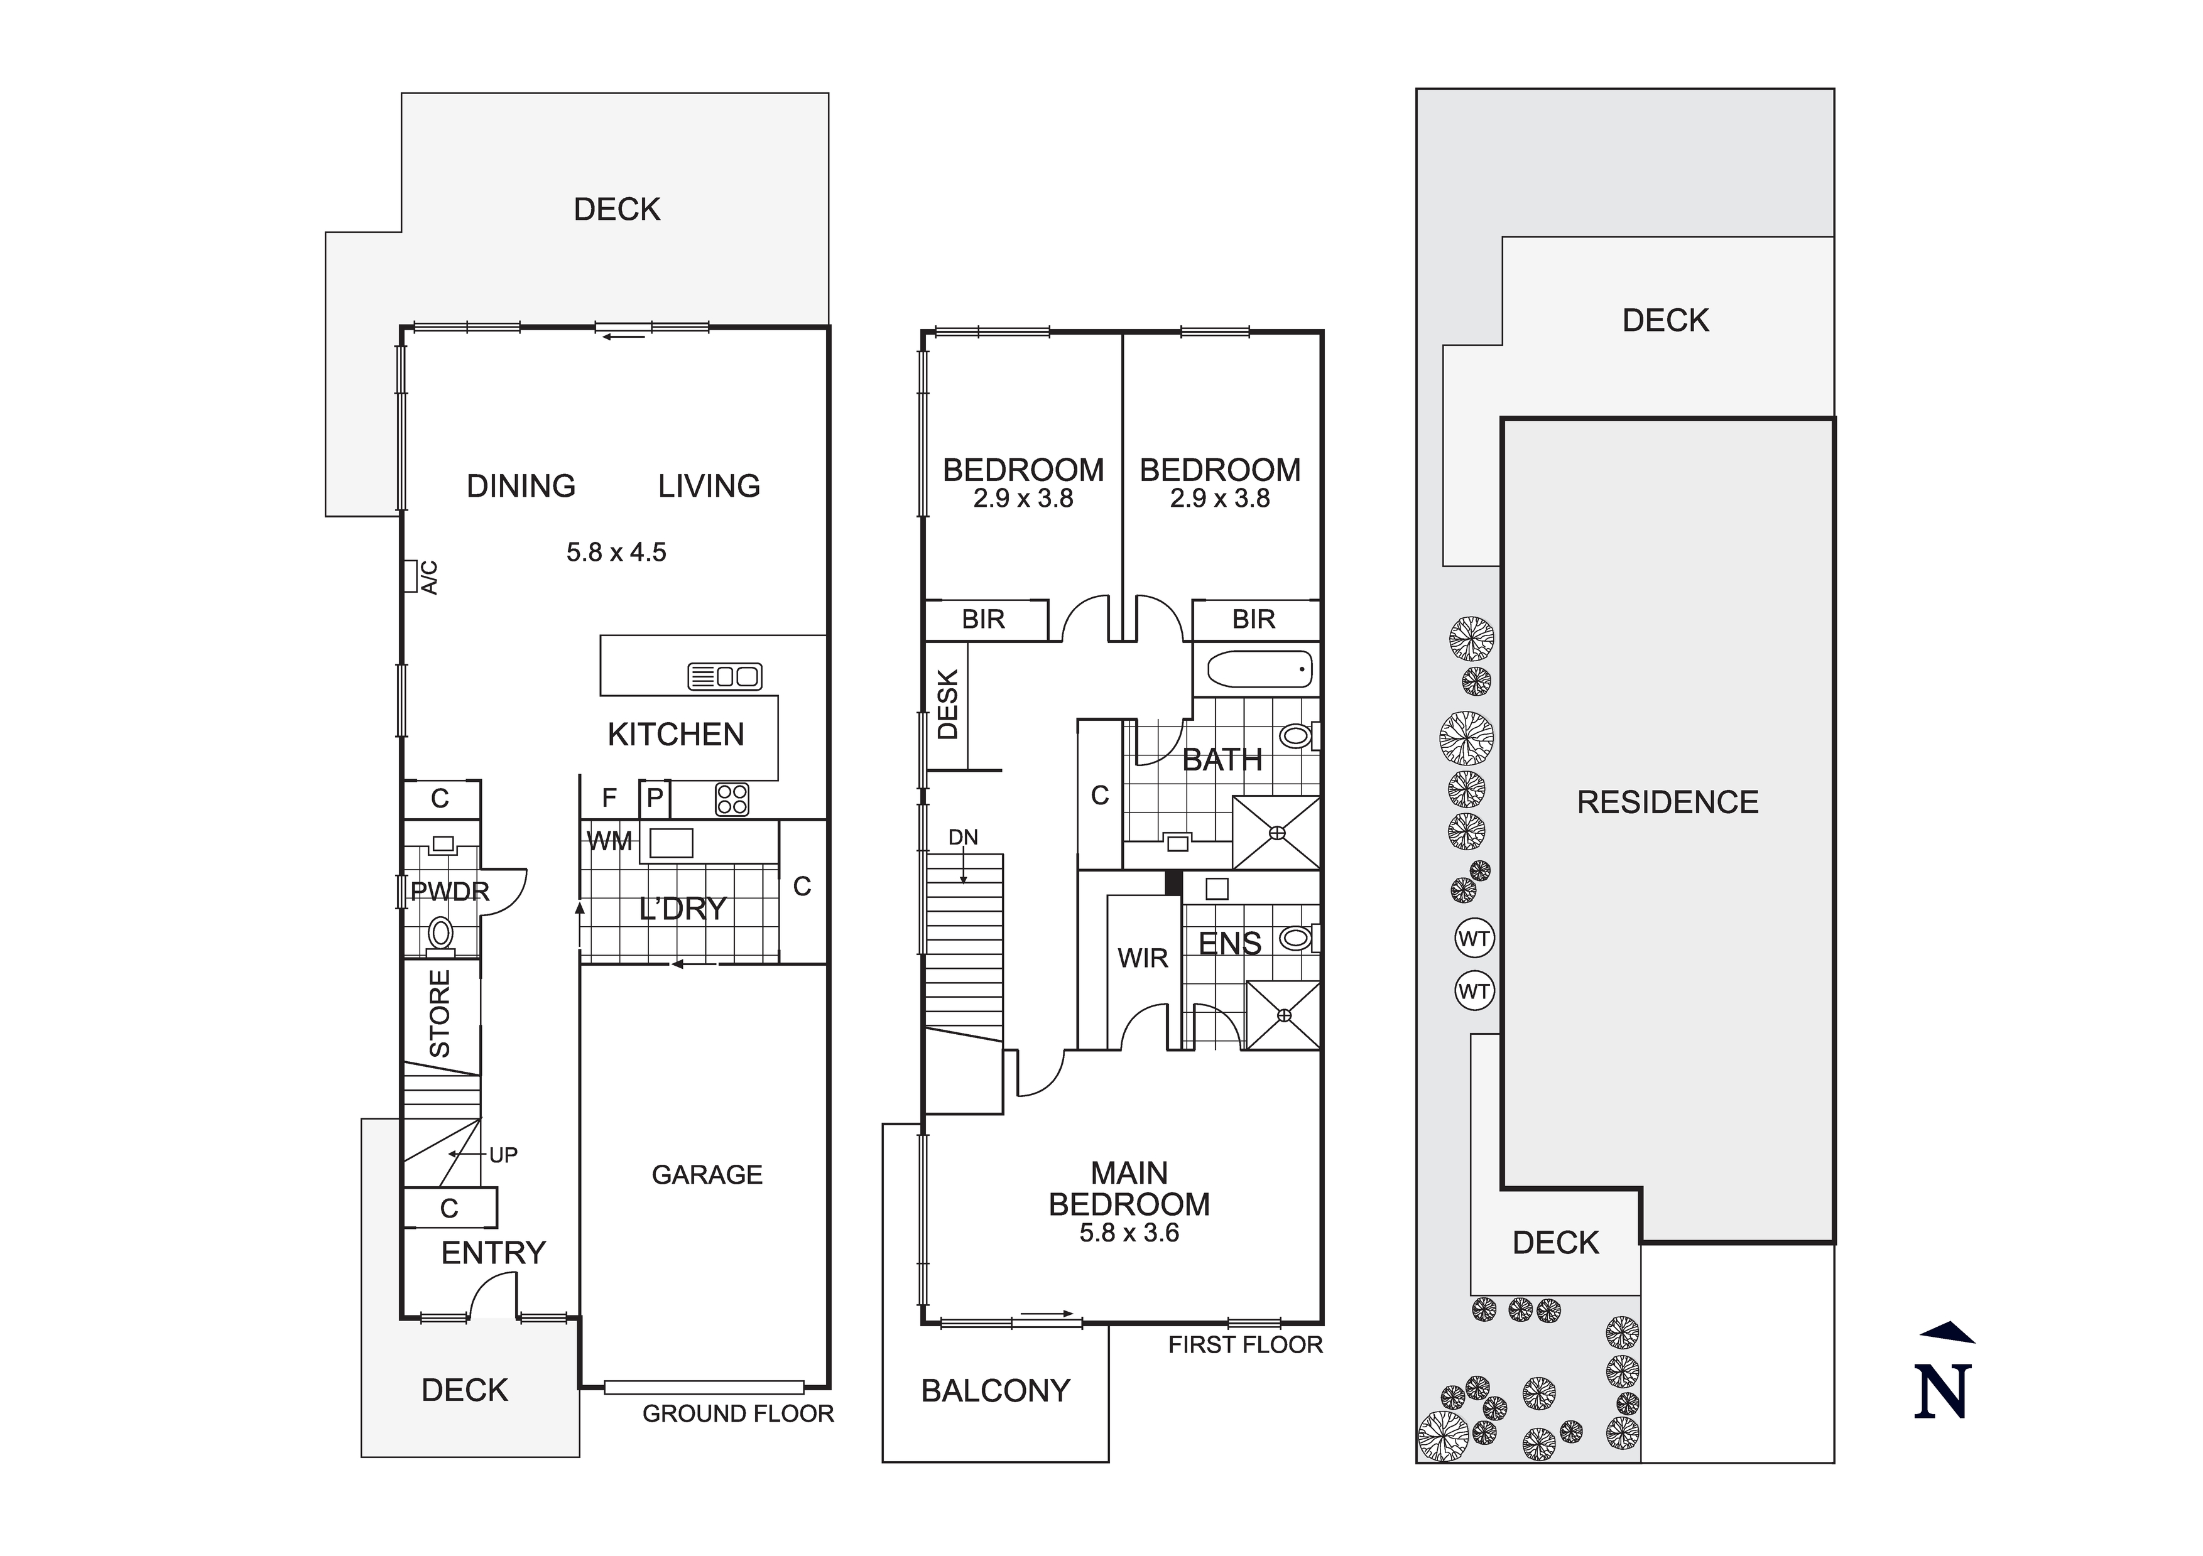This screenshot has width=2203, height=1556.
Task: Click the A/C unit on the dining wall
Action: point(410,576)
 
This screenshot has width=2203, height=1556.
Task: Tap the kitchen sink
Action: point(726,676)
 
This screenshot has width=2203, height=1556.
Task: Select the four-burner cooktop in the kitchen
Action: point(732,799)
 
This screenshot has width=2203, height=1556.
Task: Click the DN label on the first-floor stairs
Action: point(964,838)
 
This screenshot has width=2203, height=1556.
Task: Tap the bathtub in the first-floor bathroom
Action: point(1259,669)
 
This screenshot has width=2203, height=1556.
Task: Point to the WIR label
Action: point(1143,958)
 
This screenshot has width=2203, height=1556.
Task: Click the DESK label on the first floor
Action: point(947,704)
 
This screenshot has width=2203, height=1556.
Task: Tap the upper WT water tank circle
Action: point(1474,938)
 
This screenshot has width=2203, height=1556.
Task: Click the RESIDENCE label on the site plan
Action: point(1668,802)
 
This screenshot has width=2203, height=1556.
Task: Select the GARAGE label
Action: point(707,1174)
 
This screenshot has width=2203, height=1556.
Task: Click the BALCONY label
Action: point(995,1390)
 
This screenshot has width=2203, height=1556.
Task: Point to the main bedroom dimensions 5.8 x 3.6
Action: point(1129,1233)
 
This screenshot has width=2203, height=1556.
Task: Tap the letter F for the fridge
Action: point(609,798)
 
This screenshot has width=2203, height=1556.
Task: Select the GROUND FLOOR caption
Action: point(738,1414)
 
